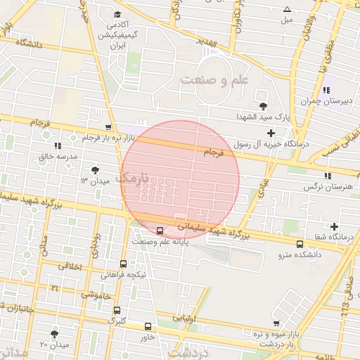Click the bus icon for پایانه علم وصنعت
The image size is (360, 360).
tap(160, 230)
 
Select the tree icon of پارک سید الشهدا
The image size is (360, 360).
tap(263, 106)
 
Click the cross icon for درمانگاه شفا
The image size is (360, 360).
tap(334, 226)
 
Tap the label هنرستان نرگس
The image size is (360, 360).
tap(327, 187)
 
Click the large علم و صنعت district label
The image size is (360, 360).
tap(214, 79)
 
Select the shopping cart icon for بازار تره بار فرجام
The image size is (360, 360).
tap(108, 127)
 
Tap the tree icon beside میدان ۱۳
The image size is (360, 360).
tap(95, 170)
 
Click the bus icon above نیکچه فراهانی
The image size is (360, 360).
tap(123, 264)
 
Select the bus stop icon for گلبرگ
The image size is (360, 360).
tap(116, 310)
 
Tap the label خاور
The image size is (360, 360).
tap(148, 336)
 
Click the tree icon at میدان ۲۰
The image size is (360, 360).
tap(55, 333)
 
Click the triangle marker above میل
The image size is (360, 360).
tap(287, 9)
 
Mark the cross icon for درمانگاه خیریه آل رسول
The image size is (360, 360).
tap(271, 133)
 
